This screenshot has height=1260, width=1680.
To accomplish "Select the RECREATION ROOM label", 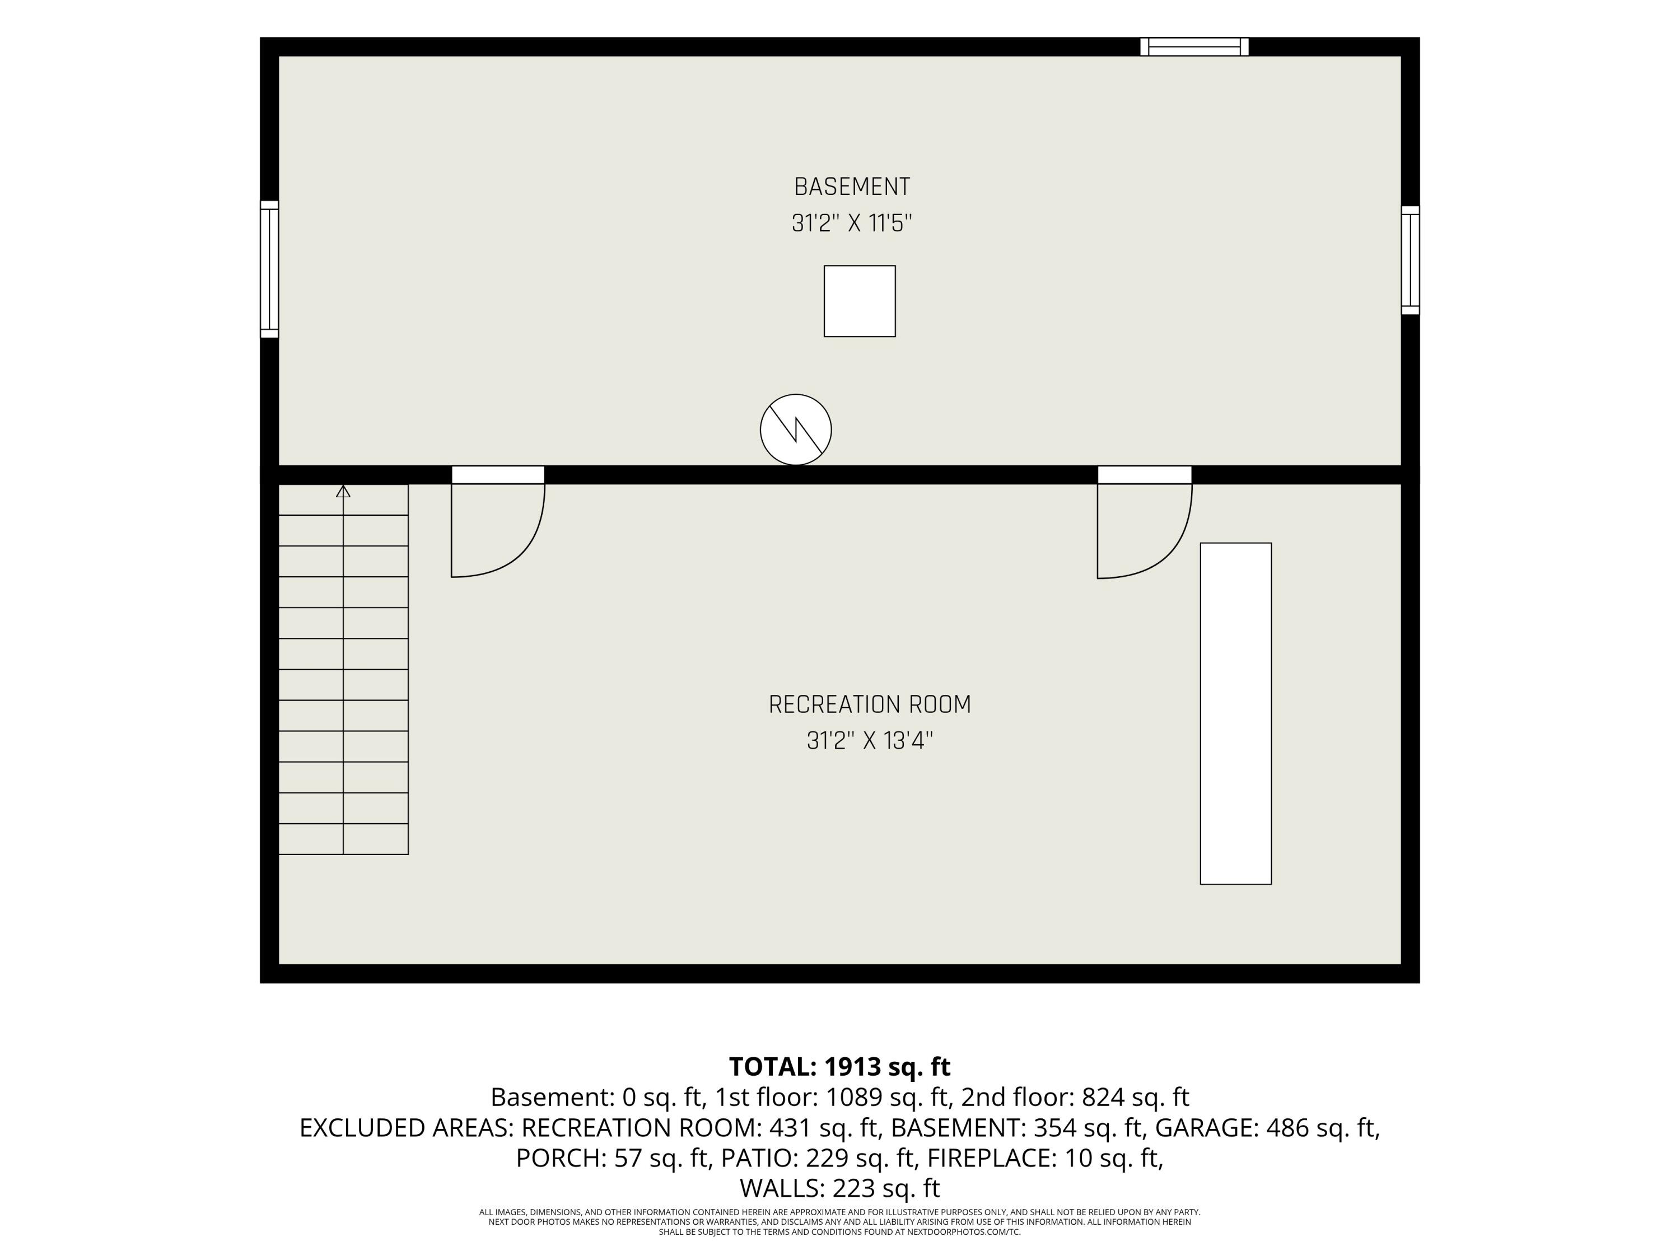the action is coord(870,705).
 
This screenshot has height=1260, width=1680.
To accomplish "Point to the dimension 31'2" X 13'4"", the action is coord(870,740).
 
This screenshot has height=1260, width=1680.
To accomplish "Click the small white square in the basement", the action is coord(860,301).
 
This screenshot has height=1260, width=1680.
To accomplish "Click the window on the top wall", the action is coord(1194,47).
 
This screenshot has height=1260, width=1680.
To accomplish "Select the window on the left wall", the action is coord(269,269).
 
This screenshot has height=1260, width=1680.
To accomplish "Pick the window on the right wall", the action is coord(1411,260).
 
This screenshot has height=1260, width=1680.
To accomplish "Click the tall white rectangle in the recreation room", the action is coord(1236,713).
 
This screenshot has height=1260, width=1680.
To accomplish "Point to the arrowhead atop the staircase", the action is coord(343,491).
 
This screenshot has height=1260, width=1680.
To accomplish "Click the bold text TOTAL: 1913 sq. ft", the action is coord(839,1066).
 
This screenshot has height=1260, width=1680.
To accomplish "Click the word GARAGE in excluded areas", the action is coord(1207,1128).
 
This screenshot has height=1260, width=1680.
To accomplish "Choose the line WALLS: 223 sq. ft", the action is coord(839,1188).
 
